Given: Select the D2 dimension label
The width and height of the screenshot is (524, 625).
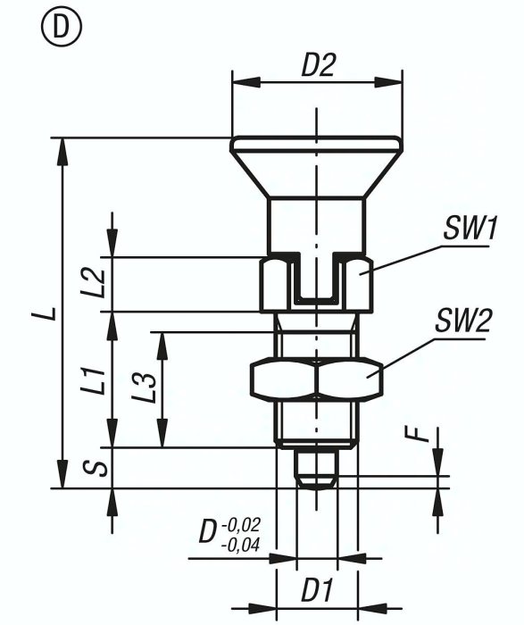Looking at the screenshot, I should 316,65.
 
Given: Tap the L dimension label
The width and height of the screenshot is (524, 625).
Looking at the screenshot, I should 50,312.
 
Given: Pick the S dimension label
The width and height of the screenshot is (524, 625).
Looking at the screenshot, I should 100,468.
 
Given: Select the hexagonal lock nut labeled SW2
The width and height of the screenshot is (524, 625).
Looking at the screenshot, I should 316,379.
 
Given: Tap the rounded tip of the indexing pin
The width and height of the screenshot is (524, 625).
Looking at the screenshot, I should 316,480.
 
